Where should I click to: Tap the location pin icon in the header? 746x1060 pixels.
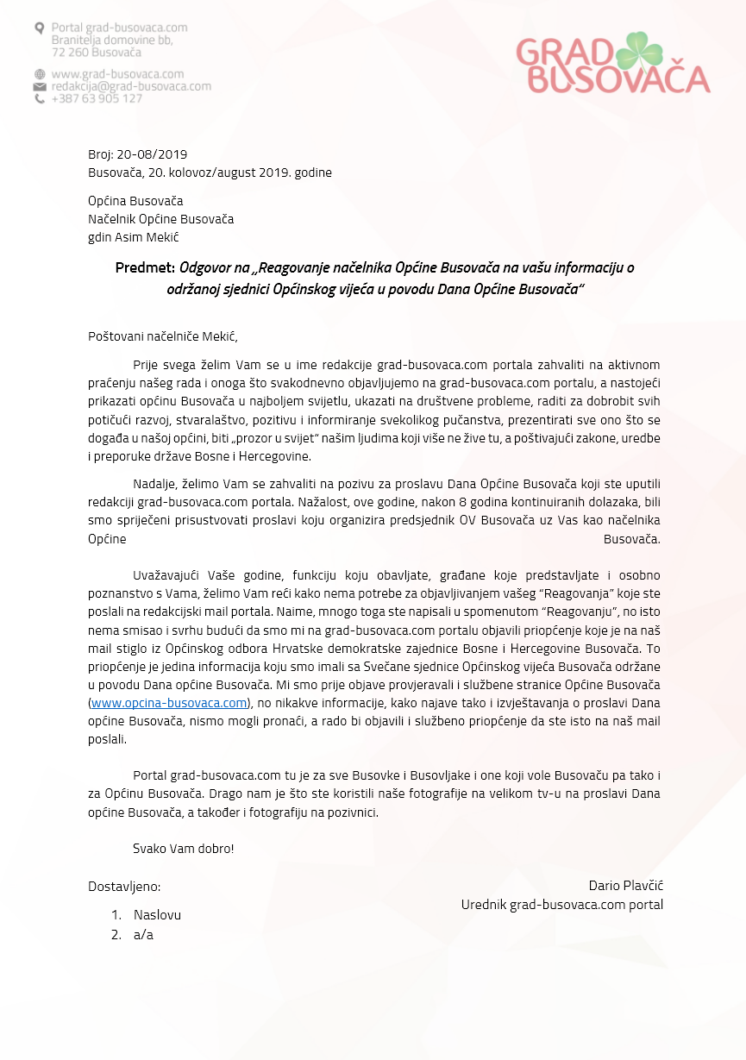click(x=39, y=28)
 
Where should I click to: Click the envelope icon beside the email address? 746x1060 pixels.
click(x=39, y=87)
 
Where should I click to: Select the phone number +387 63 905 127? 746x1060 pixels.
click(x=97, y=99)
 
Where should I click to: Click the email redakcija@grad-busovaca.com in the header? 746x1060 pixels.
click(x=131, y=86)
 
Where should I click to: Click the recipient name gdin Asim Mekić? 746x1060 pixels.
click(x=134, y=237)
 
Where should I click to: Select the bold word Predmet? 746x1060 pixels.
click(x=145, y=267)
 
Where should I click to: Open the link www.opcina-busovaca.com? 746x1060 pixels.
click(x=169, y=703)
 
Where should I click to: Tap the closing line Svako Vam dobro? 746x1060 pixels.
click(x=184, y=848)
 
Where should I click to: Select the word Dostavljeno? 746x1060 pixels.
click(x=124, y=886)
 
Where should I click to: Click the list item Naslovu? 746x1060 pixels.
click(x=157, y=915)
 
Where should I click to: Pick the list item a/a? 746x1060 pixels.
click(x=143, y=934)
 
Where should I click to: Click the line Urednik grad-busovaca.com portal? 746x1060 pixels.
click(x=561, y=905)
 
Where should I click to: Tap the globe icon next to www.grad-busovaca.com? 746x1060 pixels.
click(x=39, y=74)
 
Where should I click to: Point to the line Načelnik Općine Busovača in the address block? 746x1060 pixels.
click(x=160, y=219)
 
